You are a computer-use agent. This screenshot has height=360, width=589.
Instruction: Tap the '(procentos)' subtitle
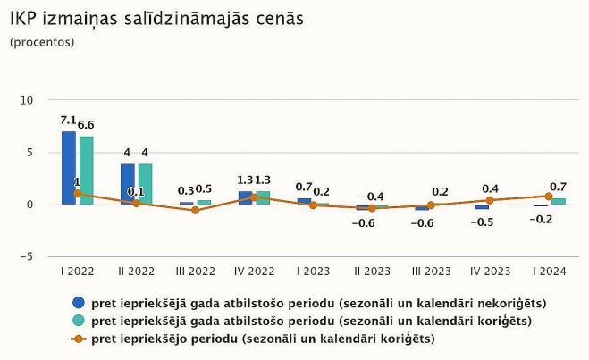tap(43, 42)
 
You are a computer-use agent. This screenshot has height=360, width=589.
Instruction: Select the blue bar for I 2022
tap(69, 167)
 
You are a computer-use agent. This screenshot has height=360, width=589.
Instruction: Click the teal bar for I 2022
tap(86, 170)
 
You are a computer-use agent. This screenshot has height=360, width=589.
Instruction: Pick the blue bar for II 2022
tap(128, 184)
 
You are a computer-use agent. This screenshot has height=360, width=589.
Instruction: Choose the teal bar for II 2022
tap(145, 184)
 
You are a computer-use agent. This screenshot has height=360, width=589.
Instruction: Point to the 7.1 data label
tap(68, 121)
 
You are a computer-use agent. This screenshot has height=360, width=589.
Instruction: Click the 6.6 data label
tap(87, 125)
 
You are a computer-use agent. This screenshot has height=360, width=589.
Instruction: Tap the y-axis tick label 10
tap(26, 100)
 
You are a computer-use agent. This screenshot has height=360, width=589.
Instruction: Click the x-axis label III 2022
tap(195, 271)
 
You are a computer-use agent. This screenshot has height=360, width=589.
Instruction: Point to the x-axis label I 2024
tap(550, 271)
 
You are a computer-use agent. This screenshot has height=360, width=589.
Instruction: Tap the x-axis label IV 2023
tap(490, 271)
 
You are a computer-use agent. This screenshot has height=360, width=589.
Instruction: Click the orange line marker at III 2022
tap(195, 210)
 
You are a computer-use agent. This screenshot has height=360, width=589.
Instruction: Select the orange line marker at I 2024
tap(549, 196)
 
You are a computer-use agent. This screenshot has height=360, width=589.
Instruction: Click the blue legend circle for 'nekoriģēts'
tap(80, 303)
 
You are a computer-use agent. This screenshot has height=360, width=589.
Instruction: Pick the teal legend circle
tap(80, 321)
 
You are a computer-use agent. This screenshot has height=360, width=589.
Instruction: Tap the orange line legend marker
tap(80, 339)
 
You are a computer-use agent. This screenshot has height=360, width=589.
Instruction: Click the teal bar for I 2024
tap(558, 201)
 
